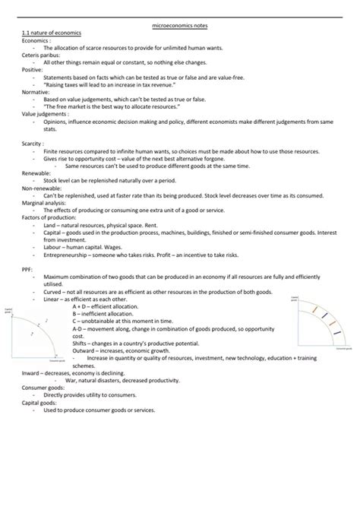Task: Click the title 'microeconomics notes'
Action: pyautogui.click(x=179, y=27)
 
